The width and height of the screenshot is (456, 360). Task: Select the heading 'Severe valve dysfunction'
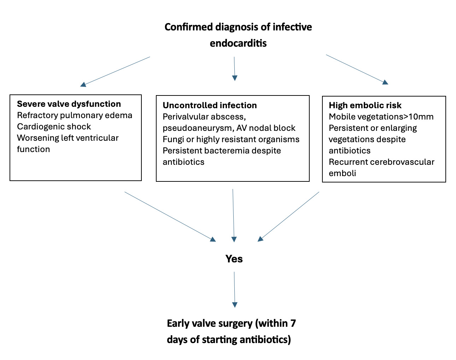pos(69,104)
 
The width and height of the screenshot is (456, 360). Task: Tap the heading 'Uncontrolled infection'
pos(210,105)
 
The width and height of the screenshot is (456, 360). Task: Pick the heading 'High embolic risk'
pos(365,105)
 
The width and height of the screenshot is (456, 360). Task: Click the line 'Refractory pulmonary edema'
pos(75,115)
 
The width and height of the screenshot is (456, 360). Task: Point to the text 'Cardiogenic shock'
pos(54,127)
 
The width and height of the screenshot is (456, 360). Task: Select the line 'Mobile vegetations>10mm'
pos(381,117)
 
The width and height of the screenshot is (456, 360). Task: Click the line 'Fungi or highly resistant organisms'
pos(231,139)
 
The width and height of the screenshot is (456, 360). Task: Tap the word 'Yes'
pos(234,259)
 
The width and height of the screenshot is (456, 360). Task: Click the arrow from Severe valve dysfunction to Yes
pos(170,216)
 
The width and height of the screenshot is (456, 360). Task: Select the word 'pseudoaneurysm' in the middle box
pos(192,128)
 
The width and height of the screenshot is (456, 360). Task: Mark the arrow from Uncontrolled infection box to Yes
pos(233,215)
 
